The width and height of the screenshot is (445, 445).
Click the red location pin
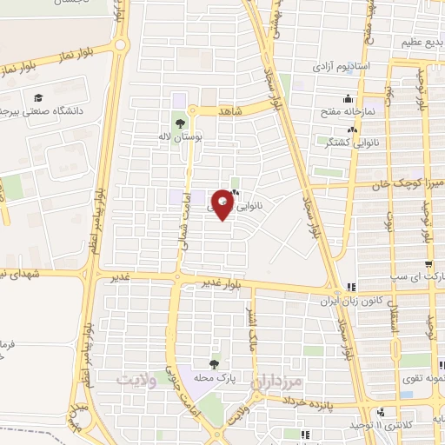(223, 205)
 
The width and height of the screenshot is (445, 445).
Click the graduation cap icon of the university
(38, 97)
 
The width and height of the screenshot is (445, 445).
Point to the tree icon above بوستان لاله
(180, 123)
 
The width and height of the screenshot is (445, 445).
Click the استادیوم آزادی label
(347, 66)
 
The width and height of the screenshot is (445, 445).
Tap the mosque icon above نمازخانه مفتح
(349, 97)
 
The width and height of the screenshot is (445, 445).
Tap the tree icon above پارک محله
(214, 363)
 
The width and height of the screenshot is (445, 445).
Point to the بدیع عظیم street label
(417, 42)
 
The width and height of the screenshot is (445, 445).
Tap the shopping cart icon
(429, 265)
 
